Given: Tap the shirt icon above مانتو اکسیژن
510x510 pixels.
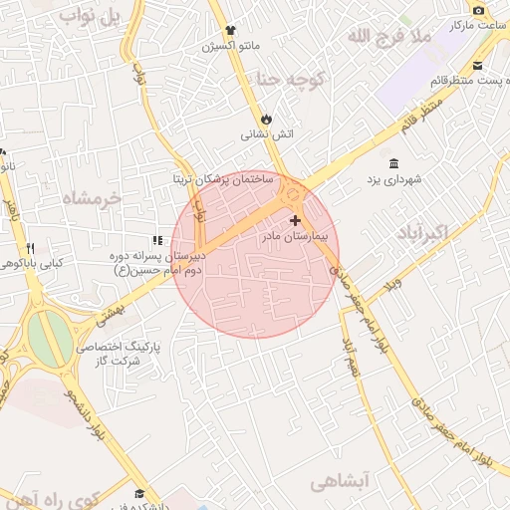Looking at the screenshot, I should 230,31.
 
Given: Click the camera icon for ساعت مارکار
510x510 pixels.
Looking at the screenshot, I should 479,10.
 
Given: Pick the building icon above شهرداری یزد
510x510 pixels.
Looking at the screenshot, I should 395,162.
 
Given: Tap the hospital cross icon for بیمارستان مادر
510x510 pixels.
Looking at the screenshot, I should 295,220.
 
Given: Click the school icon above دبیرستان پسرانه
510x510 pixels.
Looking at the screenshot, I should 156,240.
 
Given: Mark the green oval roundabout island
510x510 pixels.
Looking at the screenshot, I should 49,337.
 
